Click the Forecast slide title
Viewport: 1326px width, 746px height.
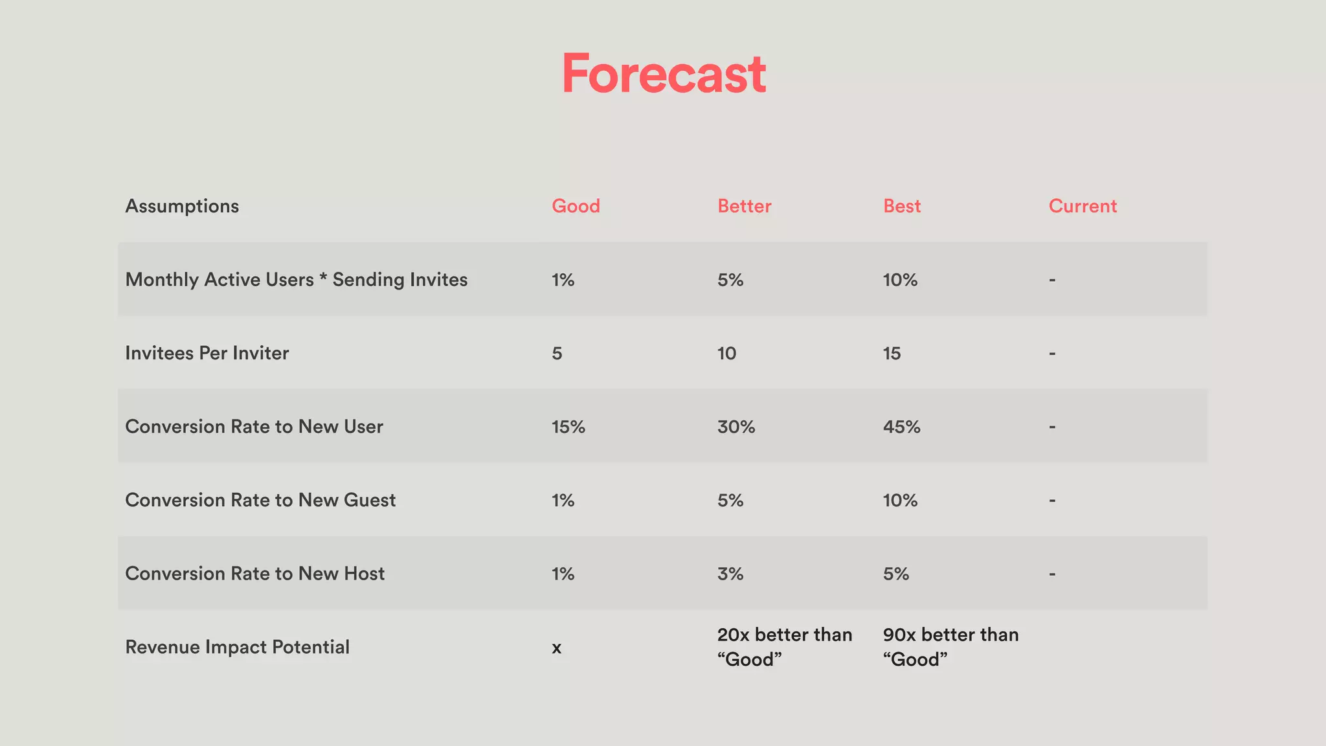pos(664,74)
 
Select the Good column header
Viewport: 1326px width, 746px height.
pos(576,206)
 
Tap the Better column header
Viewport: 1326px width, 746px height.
pos(744,206)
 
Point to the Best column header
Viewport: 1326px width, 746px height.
pos(901,206)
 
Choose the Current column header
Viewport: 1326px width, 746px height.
pos(1083,206)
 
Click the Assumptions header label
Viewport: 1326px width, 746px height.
pos(182,206)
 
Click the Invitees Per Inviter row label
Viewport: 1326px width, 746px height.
pos(207,353)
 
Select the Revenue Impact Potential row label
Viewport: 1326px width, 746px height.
pos(237,647)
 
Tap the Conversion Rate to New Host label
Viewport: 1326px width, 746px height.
pos(254,574)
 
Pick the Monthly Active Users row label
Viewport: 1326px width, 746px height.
pos(296,280)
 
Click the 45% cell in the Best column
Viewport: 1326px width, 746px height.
pos(901,427)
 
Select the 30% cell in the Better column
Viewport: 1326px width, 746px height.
pos(736,427)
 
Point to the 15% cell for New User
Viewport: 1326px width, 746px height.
pos(568,427)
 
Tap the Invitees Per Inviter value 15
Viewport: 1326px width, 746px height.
pos(892,354)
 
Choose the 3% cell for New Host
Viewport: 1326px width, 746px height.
pos(730,574)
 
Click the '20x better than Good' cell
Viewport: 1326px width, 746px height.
pos(784,647)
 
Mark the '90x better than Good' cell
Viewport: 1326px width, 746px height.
pos(950,647)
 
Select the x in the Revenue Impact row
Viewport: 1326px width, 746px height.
pos(557,648)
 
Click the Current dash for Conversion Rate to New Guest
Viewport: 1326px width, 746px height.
pos(1052,500)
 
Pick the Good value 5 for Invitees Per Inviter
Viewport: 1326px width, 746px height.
pos(557,354)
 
